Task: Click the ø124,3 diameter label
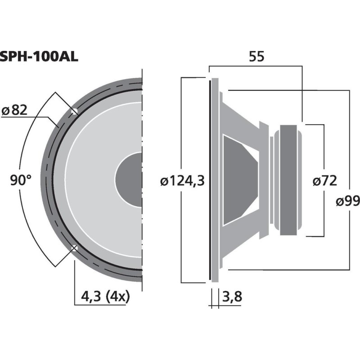click(183, 181)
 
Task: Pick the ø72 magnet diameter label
click(324, 181)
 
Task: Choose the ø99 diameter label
click(347, 201)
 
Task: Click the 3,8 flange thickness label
click(232, 297)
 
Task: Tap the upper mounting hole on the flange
click(75, 111)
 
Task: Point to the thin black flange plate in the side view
click(210, 180)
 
